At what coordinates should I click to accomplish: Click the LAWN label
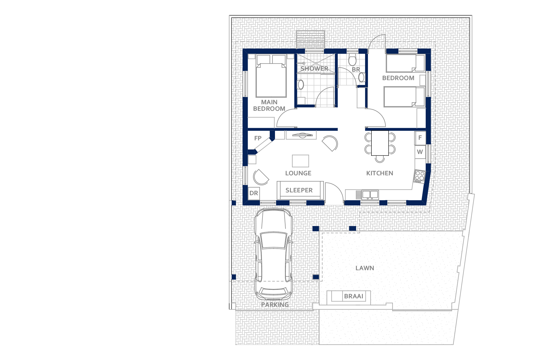pos(365,268)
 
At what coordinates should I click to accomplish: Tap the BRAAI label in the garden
pos(353,296)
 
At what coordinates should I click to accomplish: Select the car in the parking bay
pos(273,254)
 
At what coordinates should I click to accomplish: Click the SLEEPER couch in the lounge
pos(300,190)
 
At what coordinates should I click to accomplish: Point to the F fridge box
pos(420,138)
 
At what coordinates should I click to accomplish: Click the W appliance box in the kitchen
pos(420,152)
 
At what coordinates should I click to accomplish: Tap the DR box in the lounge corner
pos(254,193)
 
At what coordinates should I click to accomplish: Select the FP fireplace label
pos(258,138)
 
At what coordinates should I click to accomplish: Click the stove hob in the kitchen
pos(419,176)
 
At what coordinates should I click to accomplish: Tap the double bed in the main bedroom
pos(271,76)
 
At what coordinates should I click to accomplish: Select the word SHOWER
pos(314,69)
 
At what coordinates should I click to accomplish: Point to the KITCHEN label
pos(380,173)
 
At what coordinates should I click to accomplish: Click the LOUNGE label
pos(298,173)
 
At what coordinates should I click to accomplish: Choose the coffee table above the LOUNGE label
pos(300,161)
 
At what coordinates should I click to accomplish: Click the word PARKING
pos(275,305)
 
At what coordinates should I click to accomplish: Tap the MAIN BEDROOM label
pos(269,105)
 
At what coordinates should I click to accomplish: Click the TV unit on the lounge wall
pos(301,135)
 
